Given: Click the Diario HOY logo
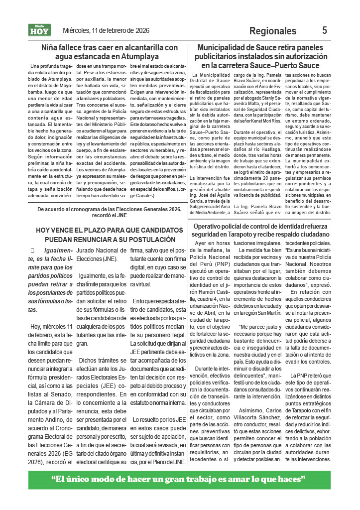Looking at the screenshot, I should (x=40, y=30).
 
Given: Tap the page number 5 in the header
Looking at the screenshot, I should (x=325, y=30).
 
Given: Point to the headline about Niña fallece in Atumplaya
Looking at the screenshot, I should (x=110, y=52).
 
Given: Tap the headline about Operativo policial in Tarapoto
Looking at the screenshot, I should (x=261, y=230).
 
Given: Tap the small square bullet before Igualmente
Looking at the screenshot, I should (x=32, y=250).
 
